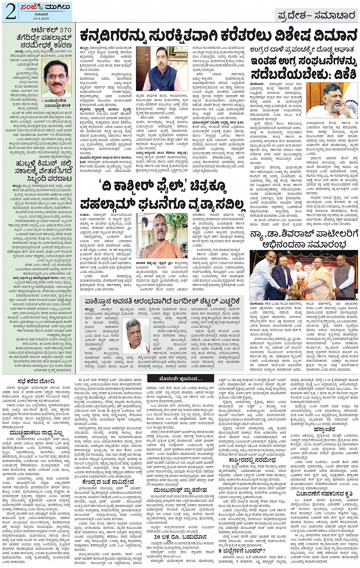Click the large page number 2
coord(10,11)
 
